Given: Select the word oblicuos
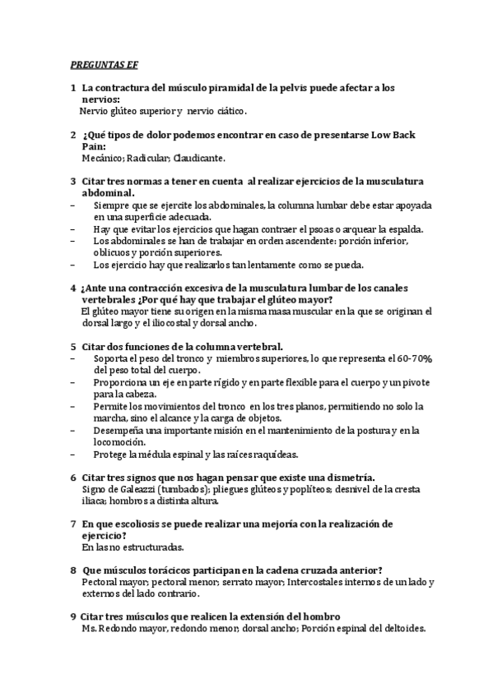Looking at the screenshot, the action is click(x=111, y=253).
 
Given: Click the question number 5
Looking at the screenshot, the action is click(x=73, y=347).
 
